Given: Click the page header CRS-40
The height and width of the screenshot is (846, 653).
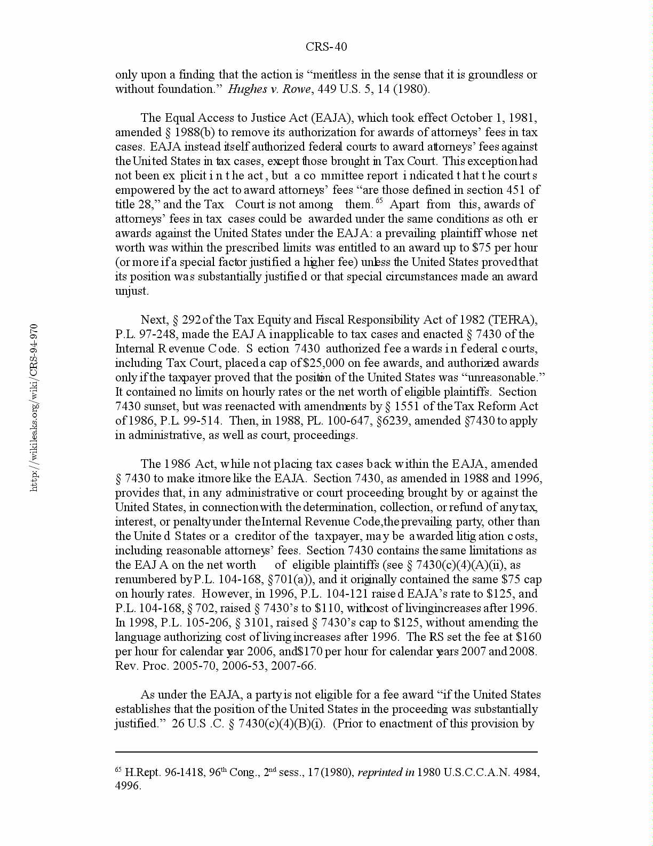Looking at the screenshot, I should pos(326,47).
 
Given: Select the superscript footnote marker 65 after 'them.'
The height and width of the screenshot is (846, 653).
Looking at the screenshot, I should pos(379,201).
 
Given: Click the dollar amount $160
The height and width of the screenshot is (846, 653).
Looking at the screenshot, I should pos(528,637).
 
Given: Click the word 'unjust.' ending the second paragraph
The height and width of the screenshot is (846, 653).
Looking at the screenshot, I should pos(132,291).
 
